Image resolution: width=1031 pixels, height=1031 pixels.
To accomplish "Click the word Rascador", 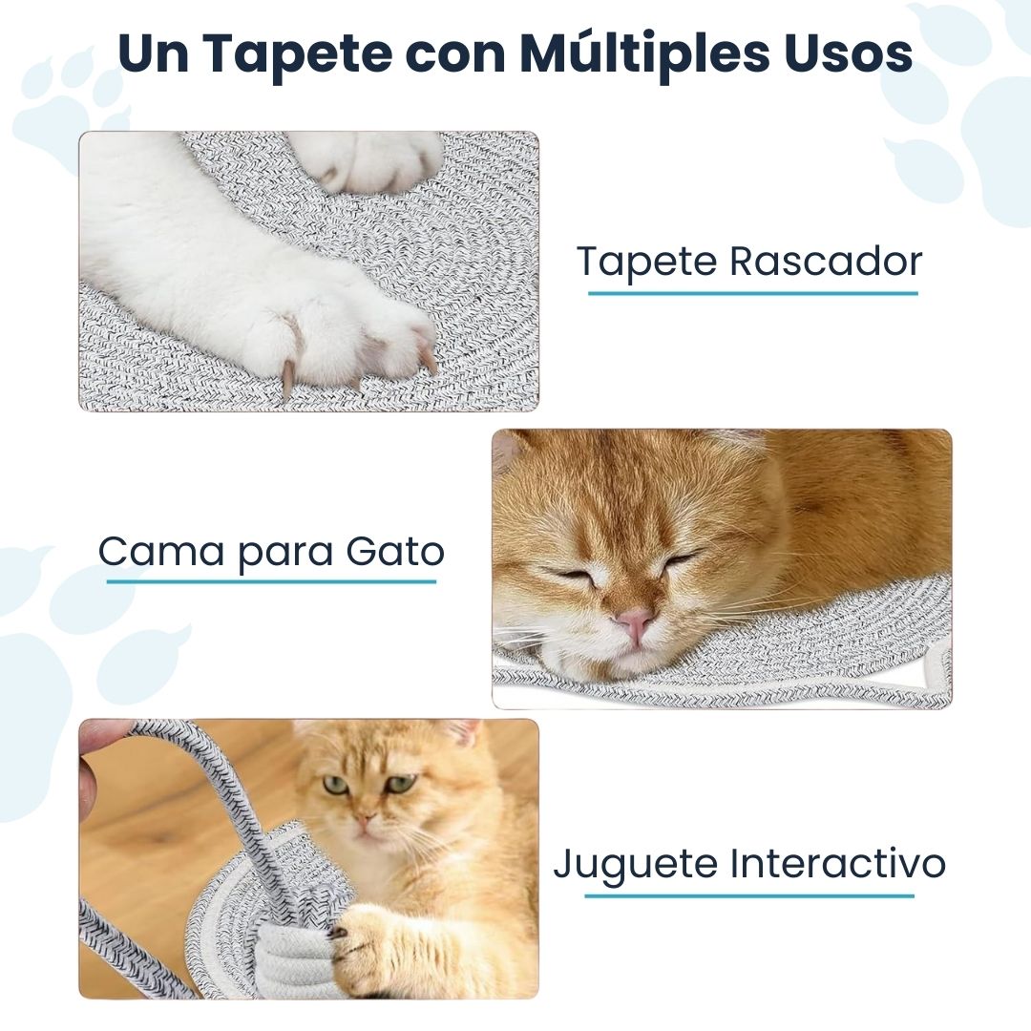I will click(x=826, y=262).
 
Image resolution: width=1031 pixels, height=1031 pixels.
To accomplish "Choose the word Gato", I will click(x=394, y=552).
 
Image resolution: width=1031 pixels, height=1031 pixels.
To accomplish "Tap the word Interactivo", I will click(x=838, y=864).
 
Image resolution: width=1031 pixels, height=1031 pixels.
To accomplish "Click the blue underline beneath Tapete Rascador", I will click(x=752, y=292).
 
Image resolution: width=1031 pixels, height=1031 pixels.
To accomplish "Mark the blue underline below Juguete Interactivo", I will click(x=749, y=895).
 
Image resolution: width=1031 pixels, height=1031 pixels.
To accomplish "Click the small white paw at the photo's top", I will click(x=372, y=159).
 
